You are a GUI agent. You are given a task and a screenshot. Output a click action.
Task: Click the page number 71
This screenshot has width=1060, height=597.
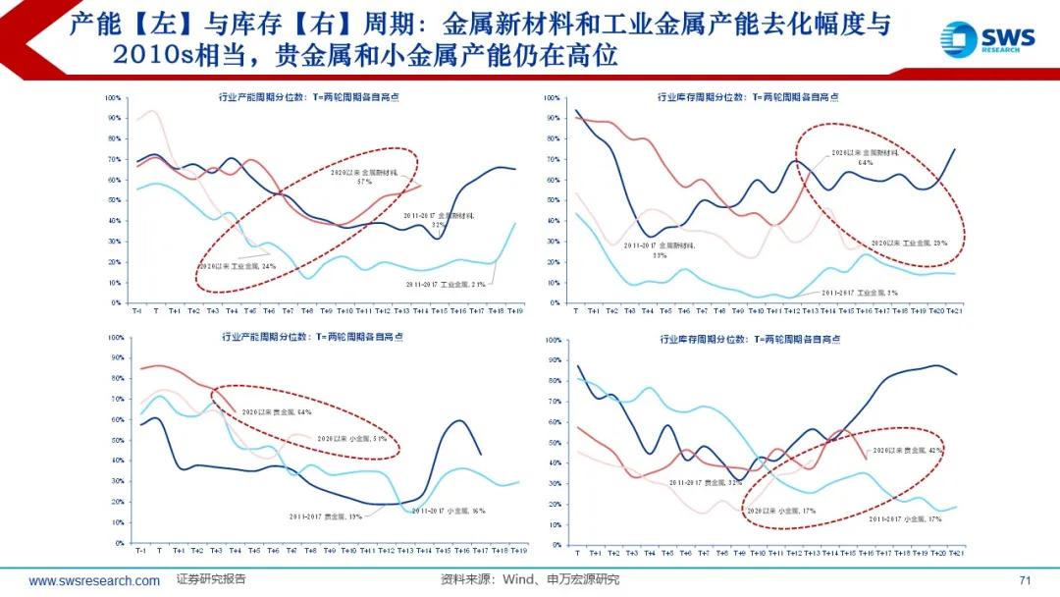(1026, 580)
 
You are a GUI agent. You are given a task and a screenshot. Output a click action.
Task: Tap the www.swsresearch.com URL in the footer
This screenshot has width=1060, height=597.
(94, 581)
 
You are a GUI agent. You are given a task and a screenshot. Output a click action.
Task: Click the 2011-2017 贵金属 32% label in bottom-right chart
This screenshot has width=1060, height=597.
(707, 482)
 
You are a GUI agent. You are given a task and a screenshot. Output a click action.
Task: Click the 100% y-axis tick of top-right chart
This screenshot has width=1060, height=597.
(551, 98)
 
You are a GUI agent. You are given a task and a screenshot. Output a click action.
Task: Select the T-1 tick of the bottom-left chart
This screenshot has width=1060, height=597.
(139, 550)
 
